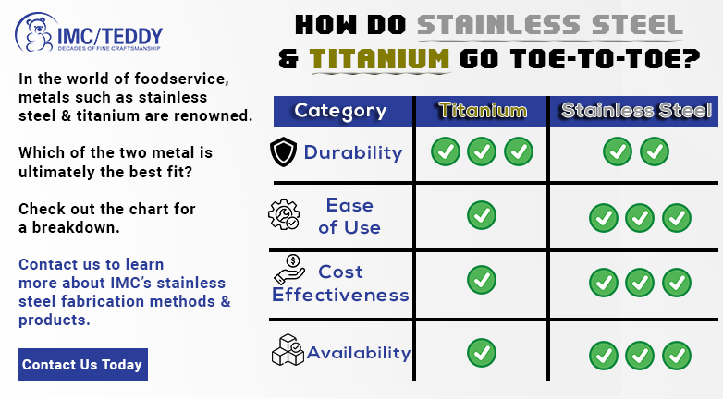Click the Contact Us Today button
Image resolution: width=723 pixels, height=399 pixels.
pos(83,365)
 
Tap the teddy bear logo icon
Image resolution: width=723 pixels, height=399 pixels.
pos(36,33)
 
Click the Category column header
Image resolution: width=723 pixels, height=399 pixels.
pos(340,111)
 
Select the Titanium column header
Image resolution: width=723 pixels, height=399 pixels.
pos(483,111)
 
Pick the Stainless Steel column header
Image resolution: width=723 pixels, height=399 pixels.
pos(635,111)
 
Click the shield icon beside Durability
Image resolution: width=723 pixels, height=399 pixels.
pos(283,151)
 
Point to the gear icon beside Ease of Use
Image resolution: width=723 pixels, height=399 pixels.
pos(284,214)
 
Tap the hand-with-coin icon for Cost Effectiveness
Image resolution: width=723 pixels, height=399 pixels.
pos(289,270)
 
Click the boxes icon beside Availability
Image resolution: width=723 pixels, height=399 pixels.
pos(288,350)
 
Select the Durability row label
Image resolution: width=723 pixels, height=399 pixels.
pos(353,152)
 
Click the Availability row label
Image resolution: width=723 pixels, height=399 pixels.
pos(359,353)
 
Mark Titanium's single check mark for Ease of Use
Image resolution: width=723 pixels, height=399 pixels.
pos(482,215)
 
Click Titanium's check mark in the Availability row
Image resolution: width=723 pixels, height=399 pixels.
pos(482,353)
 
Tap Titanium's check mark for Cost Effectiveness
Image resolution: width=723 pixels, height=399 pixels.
pos(482,280)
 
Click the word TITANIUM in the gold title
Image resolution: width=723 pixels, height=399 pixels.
pos(379,59)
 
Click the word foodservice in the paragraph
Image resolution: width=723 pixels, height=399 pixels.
pos(181,79)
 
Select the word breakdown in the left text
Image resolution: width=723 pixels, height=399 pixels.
pos(76,227)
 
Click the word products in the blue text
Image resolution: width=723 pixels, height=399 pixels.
pos(55,320)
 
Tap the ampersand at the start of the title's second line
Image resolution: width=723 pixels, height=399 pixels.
pos(288,59)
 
